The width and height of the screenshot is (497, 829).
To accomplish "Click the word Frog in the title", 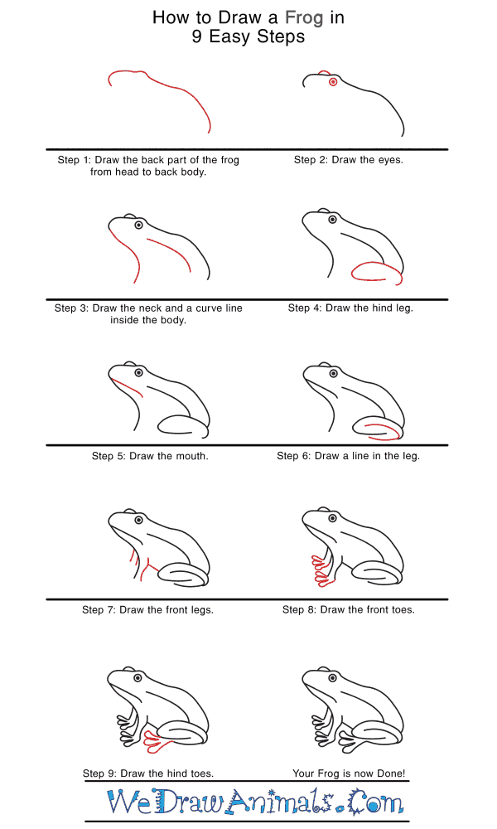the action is tap(304, 18).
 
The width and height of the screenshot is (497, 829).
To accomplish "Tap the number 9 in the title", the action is tap(196, 36).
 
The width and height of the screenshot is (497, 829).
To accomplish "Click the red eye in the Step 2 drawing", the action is tap(333, 81).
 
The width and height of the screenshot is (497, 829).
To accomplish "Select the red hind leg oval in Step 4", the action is tap(377, 273).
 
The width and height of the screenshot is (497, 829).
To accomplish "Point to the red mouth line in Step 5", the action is tap(127, 387).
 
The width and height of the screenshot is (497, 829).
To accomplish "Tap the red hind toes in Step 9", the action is tap(157, 740).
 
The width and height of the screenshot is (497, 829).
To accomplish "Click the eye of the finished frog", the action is tap(333, 678).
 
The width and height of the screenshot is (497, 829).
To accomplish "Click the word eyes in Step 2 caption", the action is tap(390, 160).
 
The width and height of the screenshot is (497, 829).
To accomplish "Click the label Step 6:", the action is tap(293, 456).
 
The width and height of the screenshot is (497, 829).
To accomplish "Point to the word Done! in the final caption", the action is tap(391, 773).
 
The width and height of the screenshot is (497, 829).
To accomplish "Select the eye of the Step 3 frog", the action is tap(138, 225).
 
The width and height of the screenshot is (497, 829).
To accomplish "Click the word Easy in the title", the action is tap(229, 37).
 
